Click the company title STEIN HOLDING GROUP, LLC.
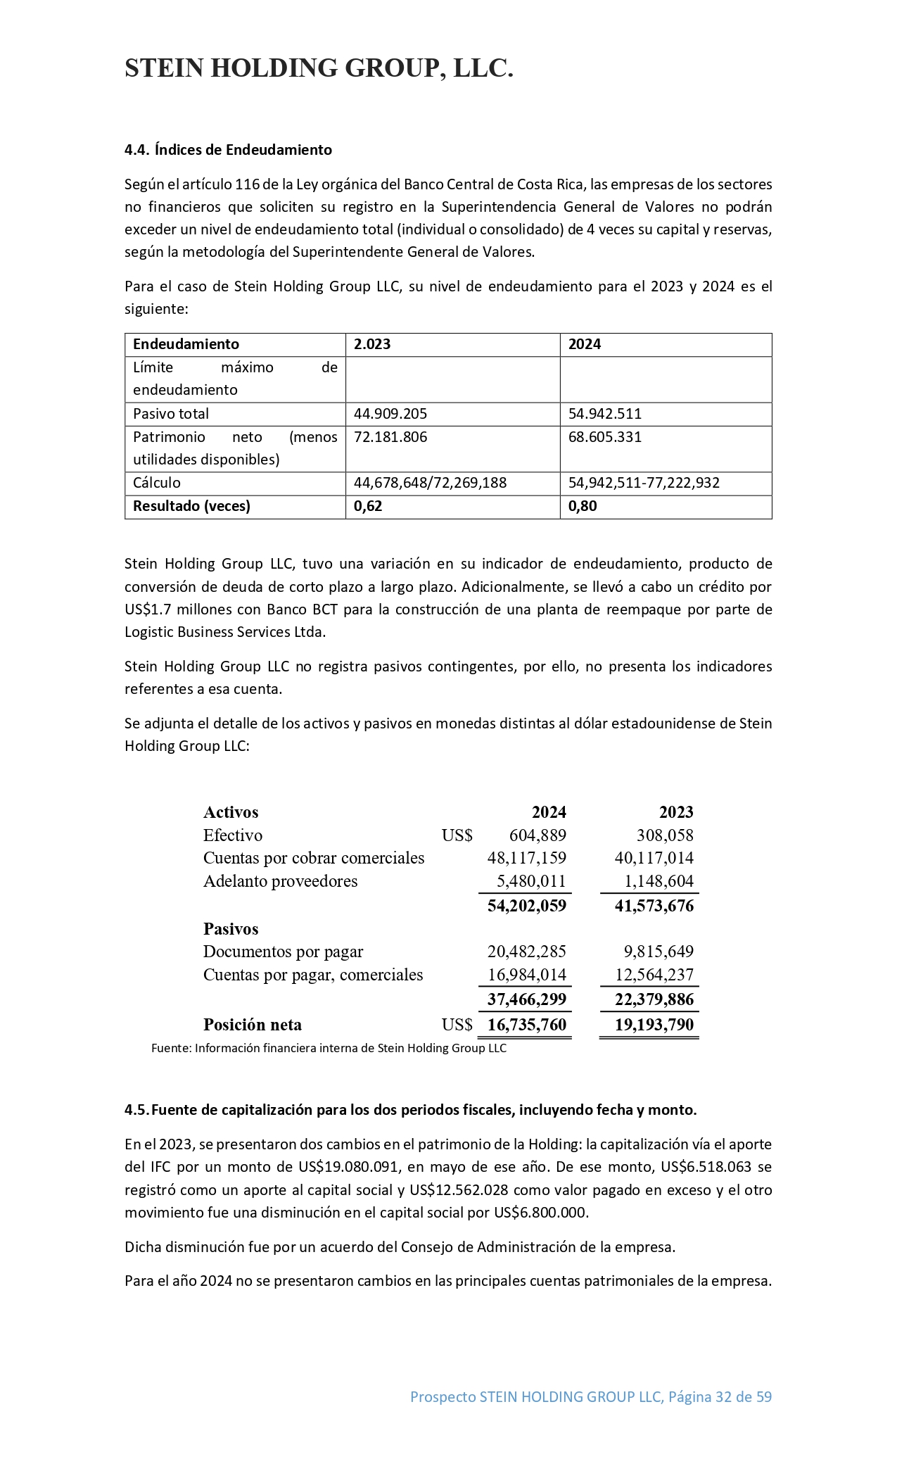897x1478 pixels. (x=319, y=68)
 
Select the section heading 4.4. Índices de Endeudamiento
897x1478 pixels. (x=228, y=150)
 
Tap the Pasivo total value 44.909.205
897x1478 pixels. (x=390, y=414)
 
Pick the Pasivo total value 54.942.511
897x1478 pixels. (x=605, y=414)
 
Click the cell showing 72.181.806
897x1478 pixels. (x=390, y=437)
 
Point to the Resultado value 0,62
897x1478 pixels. (x=368, y=506)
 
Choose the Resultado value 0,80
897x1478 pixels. (x=583, y=506)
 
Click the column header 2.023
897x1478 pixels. (x=372, y=344)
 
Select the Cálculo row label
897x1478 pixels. (x=157, y=483)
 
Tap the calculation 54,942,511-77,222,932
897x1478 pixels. (x=644, y=483)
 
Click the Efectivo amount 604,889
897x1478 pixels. (x=537, y=835)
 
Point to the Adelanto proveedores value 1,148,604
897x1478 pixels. (x=659, y=881)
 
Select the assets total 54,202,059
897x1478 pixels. (x=526, y=906)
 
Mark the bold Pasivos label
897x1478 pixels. (x=231, y=929)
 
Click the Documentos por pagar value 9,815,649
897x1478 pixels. (x=659, y=952)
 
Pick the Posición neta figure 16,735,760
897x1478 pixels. (x=526, y=1025)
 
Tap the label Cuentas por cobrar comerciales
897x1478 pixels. (x=314, y=858)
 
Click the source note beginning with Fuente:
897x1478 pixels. (x=329, y=1048)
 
